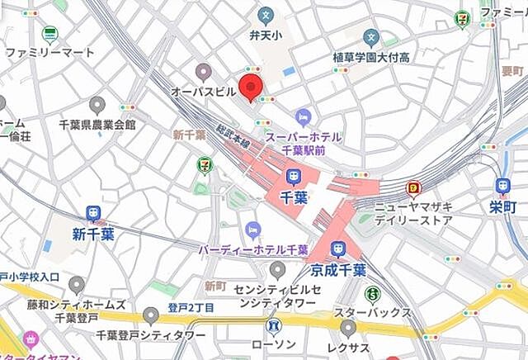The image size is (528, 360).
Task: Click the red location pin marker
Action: tap(251, 87)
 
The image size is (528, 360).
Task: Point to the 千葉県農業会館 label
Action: tap(97, 124)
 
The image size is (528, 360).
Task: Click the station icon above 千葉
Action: tap(293, 176)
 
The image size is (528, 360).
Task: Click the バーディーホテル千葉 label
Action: tap(252, 249)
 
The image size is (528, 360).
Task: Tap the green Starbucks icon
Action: tap(373, 293)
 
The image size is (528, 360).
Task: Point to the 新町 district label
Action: tap(215, 286)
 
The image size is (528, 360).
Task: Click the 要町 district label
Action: tap(512, 71)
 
